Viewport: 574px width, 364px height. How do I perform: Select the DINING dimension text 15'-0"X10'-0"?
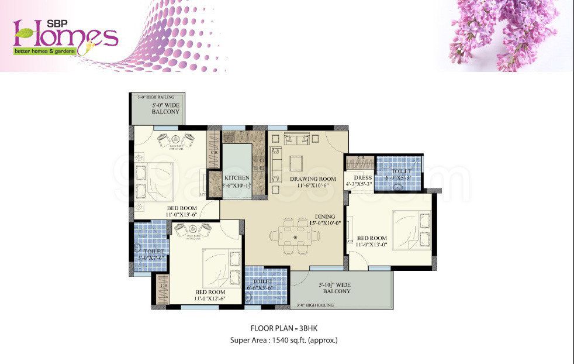(313, 222)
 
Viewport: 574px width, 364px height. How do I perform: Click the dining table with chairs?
(295, 235)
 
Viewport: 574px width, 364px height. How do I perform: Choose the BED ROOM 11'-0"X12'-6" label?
(210, 295)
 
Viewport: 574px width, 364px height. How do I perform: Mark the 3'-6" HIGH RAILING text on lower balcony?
(314, 305)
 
